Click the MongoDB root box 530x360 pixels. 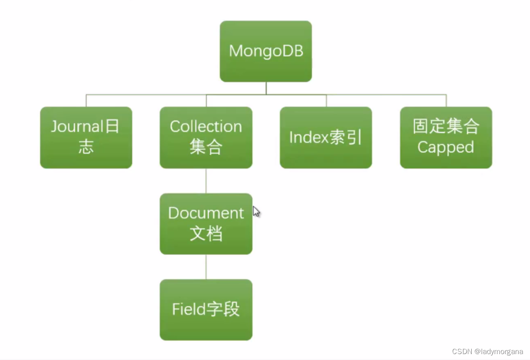tap(265, 51)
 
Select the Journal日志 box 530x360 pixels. tap(86, 138)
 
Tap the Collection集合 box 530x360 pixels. tap(206, 138)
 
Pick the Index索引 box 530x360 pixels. tap(326, 138)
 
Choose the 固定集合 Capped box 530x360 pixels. tap(446, 138)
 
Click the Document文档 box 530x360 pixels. tap(206, 224)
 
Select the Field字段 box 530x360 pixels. tap(206, 309)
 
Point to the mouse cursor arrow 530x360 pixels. tap(256, 211)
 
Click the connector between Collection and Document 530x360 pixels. tap(206, 181)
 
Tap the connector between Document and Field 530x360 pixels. tap(206, 267)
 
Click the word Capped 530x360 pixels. tap(446, 148)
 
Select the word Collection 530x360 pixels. tap(206, 127)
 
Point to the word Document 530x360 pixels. tap(206, 213)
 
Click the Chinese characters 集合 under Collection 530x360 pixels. tap(206, 148)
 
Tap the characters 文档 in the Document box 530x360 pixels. tap(206, 234)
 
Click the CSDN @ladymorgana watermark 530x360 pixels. tap(487, 352)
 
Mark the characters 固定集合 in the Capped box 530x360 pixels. tap(446, 127)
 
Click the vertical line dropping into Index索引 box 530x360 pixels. tap(326, 101)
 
